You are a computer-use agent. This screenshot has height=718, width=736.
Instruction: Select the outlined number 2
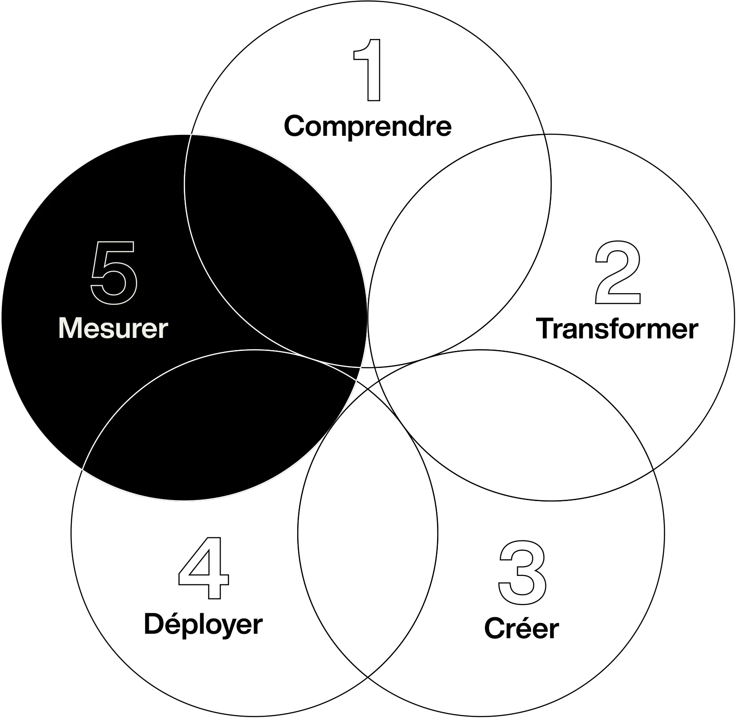[x=618, y=272]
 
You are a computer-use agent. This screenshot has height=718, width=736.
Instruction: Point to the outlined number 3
[x=523, y=572]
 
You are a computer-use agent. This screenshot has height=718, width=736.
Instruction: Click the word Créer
[x=521, y=628]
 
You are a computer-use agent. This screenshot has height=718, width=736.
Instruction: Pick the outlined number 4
[x=204, y=568]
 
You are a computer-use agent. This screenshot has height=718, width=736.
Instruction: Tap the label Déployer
[x=203, y=624]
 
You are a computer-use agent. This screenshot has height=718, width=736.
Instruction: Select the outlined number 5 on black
[x=114, y=272]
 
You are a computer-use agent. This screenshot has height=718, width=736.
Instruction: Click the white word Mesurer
[x=113, y=328]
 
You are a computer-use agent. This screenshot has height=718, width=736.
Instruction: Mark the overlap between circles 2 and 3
[x=515, y=426]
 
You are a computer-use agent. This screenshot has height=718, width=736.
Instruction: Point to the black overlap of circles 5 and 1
[x=273, y=251]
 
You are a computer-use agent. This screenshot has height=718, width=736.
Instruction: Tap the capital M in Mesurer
[x=70, y=328]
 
